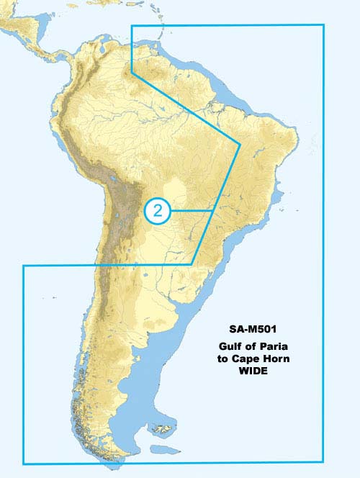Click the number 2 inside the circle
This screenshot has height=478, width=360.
[158, 210]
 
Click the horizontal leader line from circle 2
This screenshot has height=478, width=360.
[191, 210]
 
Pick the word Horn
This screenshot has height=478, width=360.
[276, 358]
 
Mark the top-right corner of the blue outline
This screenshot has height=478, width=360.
[324, 25]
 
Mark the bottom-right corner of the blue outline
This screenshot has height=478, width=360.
[324, 463]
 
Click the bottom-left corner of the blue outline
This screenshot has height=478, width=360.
[23, 463]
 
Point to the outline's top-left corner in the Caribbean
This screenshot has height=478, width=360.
[131, 25]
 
